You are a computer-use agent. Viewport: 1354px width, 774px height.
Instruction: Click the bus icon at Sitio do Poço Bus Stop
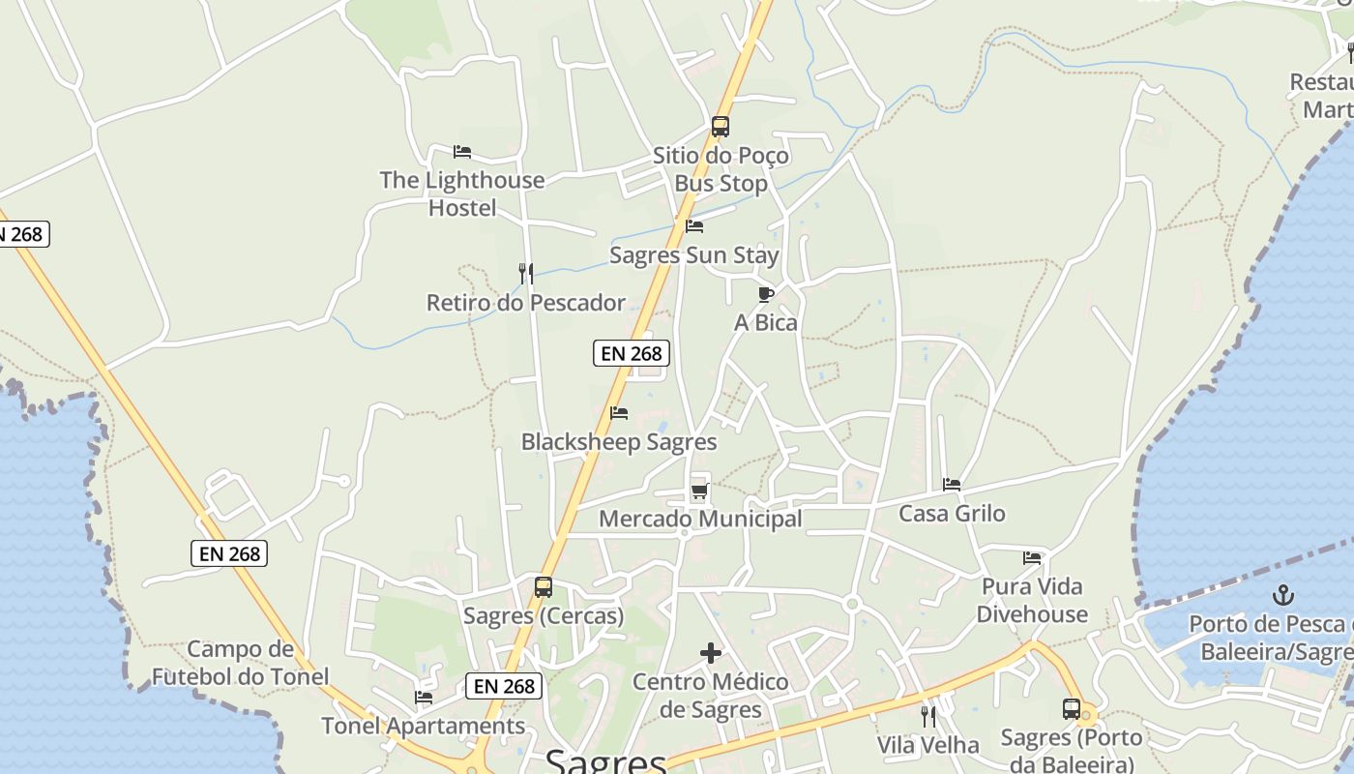pos(720,127)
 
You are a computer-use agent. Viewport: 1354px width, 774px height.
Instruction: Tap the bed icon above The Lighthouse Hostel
pos(462,152)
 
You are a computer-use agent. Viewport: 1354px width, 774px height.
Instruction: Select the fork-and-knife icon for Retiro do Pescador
pos(525,274)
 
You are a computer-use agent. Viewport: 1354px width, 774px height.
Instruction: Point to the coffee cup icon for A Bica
pos(766,294)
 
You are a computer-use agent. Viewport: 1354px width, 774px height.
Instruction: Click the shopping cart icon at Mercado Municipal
pos(699,491)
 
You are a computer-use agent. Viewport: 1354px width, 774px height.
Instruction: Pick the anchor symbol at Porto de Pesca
pos(1283,595)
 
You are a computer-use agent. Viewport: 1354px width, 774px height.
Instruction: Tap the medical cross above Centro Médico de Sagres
pos(711,653)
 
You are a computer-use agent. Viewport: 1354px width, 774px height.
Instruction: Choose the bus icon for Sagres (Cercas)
pos(544,587)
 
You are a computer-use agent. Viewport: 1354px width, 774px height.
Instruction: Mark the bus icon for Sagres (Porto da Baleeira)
pos(1072,709)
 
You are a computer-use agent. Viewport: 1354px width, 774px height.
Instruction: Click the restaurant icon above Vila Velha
pos(928,717)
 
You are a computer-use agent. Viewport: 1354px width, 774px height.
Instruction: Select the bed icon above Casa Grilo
pos(952,485)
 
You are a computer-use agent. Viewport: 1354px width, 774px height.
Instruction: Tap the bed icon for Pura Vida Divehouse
pos(1032,558)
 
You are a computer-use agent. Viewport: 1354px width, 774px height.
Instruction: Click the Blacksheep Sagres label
pos(619,442)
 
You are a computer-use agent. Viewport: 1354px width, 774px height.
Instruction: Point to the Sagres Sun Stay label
pos(693,255)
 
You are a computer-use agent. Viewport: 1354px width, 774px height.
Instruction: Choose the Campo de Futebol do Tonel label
pos(240,663)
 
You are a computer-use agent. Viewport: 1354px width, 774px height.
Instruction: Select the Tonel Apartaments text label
pos(423,726)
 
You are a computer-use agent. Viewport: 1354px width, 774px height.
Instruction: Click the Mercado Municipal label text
pos(700,519)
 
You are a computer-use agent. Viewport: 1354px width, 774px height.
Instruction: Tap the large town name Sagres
pos(606,761)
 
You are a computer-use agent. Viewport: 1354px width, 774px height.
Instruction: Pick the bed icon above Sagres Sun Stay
pos(694,227)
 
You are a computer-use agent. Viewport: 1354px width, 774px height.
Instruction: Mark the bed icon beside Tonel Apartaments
pos(424,698)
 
